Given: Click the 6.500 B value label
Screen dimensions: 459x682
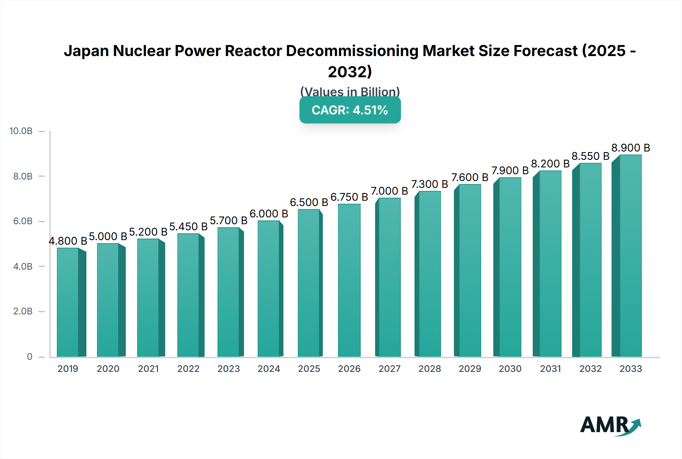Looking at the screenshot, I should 309,202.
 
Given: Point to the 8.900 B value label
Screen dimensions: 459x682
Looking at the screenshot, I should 630,148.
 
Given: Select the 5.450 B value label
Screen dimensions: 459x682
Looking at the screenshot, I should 188,226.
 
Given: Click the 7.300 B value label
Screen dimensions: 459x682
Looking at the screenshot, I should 430,184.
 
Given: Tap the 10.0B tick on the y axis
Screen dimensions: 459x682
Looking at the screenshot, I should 21,131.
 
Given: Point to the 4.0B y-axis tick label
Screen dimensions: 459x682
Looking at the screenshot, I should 23,266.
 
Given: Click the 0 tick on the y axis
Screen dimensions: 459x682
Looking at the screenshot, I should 30,356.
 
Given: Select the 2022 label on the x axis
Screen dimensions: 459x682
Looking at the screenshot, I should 188,368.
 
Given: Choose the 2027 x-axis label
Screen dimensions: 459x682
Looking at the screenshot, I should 389,368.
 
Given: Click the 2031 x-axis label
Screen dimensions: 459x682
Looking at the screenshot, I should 550,368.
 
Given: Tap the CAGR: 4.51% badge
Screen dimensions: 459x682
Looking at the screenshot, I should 350,110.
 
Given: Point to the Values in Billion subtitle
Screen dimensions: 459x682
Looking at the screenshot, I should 350,92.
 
